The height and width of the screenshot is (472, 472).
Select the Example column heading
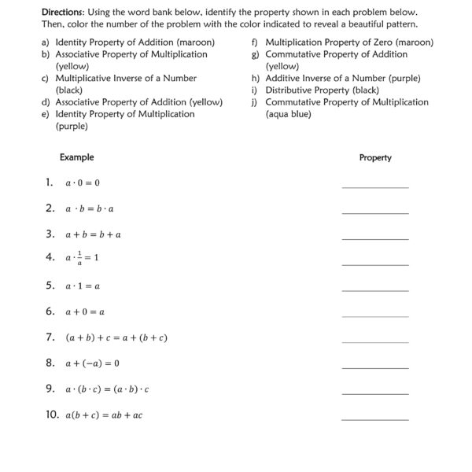pos(76,157)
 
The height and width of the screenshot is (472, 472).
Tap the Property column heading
pos(375,157)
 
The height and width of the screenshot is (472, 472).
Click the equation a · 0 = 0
pos(83,183)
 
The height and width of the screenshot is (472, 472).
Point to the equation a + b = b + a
pos(93,234)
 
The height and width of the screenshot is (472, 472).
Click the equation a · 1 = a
pos(83,286)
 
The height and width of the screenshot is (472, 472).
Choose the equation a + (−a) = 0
pos(92,363)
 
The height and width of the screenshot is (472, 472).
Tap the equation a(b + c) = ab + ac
pos(104,415)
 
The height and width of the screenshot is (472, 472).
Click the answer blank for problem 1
pos(375,186)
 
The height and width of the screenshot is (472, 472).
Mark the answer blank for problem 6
pos(375,315)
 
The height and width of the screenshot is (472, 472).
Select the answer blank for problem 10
pos(375,419)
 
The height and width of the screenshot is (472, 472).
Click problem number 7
pos(50,337)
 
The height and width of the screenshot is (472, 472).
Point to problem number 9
pos(50,389)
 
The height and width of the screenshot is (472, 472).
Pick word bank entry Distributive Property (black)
pos(311,90)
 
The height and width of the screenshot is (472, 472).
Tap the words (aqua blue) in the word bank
pos(288,114)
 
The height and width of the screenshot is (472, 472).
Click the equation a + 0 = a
pos(85,312)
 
